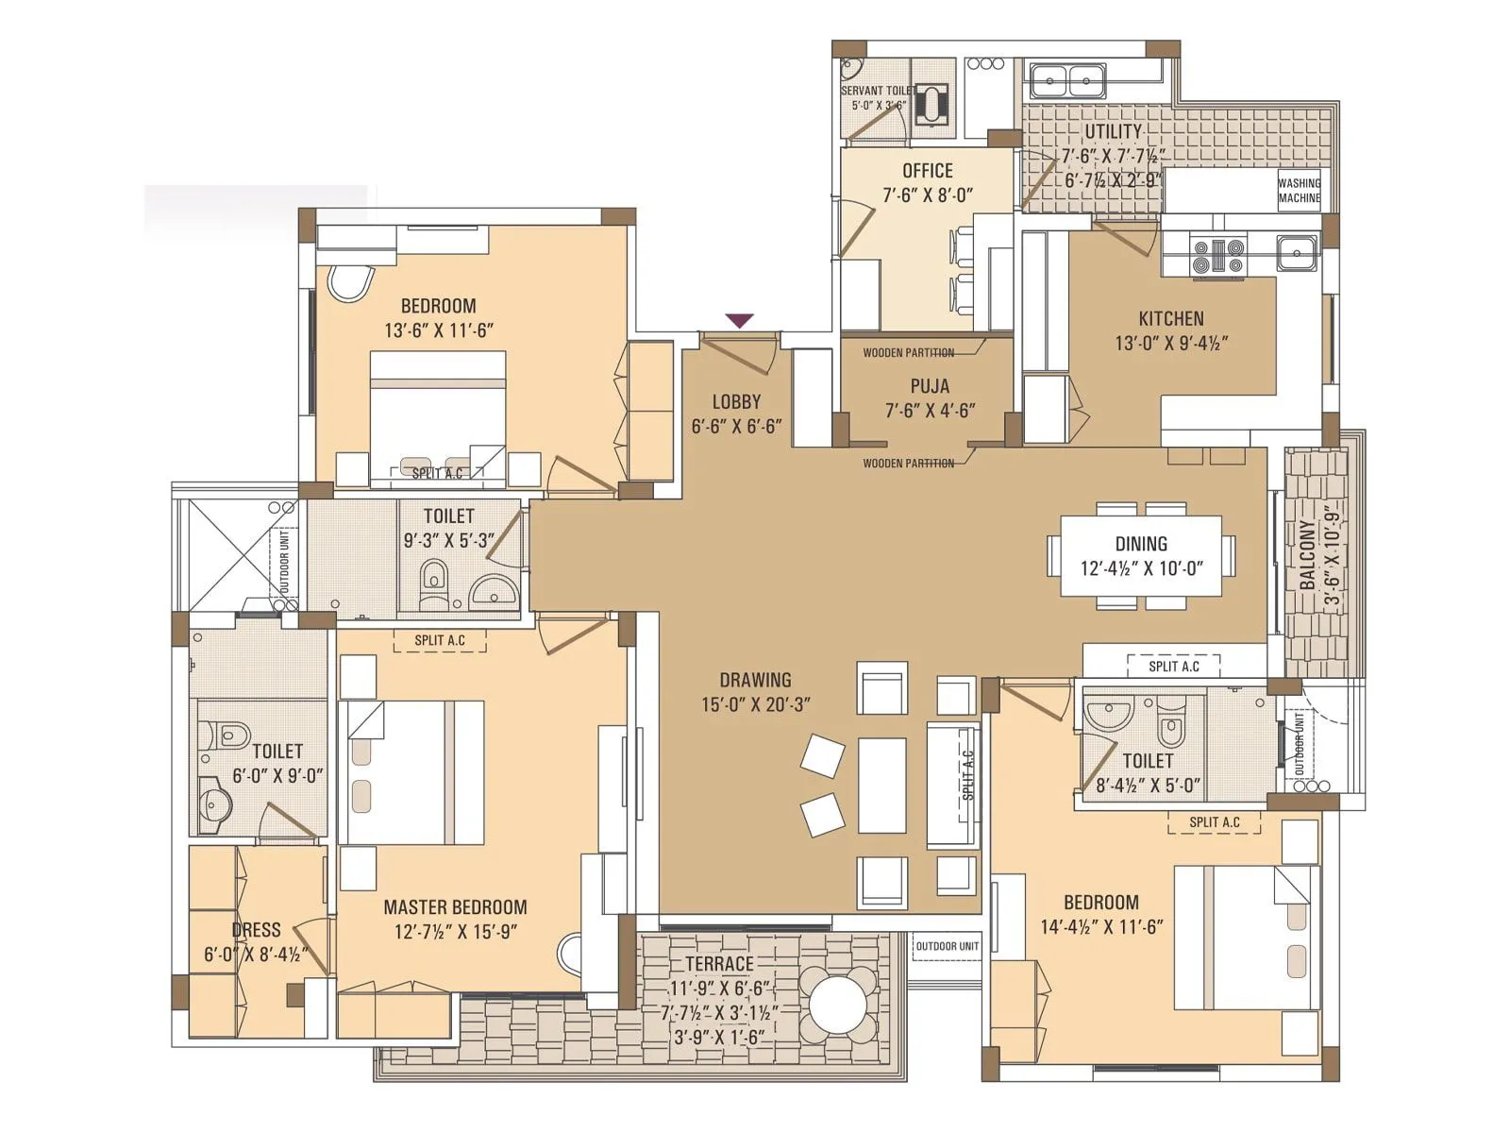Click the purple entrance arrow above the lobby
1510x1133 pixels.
739,321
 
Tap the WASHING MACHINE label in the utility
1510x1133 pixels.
1299,191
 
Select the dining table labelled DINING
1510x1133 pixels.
1141,555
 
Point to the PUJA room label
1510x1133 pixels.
930,397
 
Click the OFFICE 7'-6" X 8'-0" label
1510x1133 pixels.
927,182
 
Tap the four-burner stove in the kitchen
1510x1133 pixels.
1218,256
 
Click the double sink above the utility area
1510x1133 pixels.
1067,80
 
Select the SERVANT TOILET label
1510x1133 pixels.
876,97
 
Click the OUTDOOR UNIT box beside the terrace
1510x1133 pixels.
947,946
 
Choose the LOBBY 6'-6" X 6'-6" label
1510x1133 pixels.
736,414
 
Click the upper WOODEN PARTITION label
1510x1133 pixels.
908,353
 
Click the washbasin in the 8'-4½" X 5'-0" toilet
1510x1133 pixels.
1108,713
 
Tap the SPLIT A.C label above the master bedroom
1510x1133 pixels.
440,640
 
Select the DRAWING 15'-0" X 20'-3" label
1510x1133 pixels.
755,691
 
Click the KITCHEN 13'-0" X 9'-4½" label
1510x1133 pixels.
1170,330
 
